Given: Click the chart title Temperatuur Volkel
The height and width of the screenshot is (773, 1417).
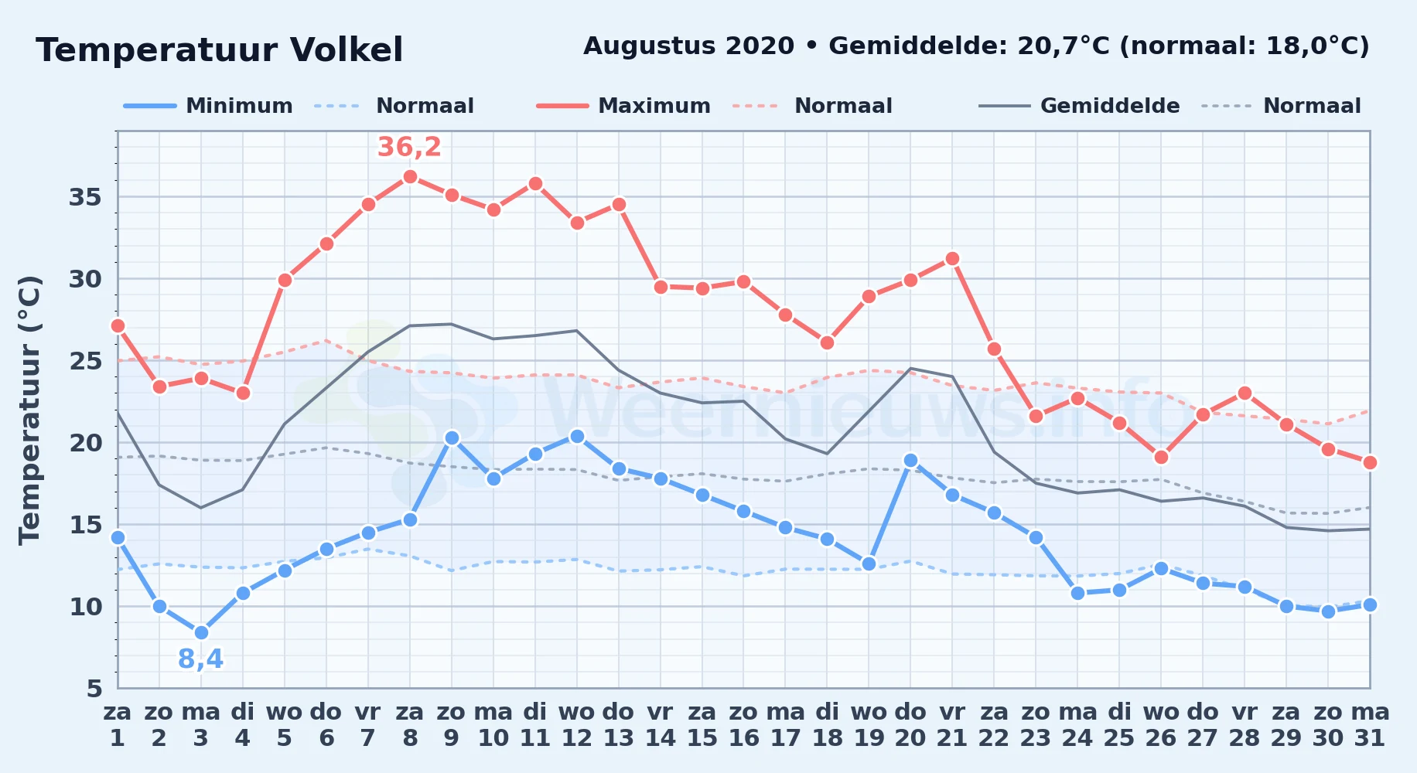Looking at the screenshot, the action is [x=220, y=50].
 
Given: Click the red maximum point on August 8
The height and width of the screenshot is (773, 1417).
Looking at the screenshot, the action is [x=410, y=176].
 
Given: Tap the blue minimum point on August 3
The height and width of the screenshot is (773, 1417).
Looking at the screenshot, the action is [x=201, y=632].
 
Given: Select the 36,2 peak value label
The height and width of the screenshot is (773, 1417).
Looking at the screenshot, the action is [x=409, y=146].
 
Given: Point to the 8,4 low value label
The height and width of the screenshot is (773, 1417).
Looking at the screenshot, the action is [x=200, y=659].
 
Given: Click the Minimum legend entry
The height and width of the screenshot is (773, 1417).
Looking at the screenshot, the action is [x=208, y=106].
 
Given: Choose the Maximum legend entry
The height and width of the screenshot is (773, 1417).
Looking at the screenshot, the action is [x=623, y=106].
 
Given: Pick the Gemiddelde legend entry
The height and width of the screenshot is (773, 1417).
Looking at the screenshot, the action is [x=1080, y=106].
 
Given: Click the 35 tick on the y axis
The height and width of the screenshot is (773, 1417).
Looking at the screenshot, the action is [x=85, y=197].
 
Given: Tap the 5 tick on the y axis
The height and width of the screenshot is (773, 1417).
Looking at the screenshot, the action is [x=94, y=688].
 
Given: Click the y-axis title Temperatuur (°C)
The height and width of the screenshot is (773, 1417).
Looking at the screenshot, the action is [x=29, y=410].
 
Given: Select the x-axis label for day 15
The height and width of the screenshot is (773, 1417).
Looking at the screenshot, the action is [x=702, y=724].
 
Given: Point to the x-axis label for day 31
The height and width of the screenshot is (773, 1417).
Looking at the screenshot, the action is [x=1370, y=724].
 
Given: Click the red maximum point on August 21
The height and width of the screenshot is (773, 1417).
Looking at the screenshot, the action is [x=952, y=259].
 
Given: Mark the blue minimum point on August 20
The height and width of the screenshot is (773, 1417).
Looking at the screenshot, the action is [x=910, y=460].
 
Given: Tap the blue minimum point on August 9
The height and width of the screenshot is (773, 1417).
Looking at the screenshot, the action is [x=452, y=438].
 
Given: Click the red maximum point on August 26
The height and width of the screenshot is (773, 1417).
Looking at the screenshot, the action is [x=1161, y=457].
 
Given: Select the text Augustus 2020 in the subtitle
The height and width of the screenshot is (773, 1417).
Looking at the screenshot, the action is [x=688, y=46].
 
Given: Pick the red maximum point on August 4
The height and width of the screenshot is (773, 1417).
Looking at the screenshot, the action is [x=243, y=393].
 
